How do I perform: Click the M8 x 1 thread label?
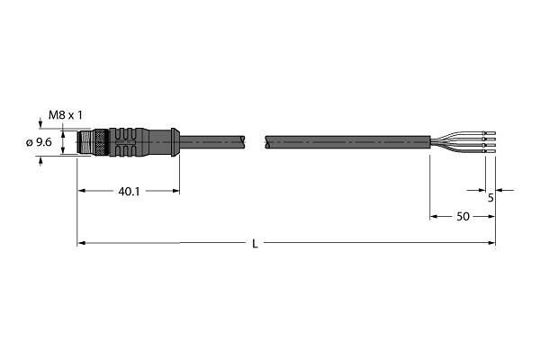(66, 115)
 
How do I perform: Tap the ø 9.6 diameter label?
(39, 142)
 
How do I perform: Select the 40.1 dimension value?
(129, 192)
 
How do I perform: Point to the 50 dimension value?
(463, 217)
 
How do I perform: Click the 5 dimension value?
(490, 198)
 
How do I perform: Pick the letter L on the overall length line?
(255, 244)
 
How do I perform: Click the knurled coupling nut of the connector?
(101, 142)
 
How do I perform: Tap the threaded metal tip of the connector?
(85, 142)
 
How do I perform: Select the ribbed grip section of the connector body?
(130, 142)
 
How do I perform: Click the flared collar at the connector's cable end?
(175, 142)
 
